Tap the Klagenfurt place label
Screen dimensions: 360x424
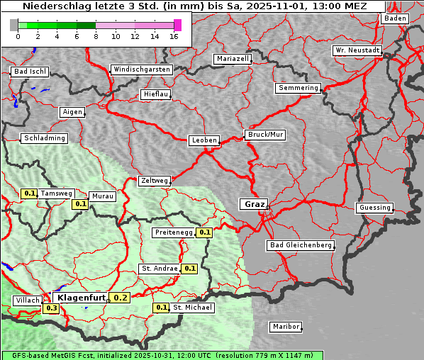click(81, 298)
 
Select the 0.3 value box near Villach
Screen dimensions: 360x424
click(52, 308)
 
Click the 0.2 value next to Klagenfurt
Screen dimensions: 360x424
click(121, 298)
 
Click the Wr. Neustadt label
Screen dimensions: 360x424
click(357, 51)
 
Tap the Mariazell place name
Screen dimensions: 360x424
click(233, 59)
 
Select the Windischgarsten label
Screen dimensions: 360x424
click(142, 69)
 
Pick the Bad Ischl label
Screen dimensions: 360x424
click(30, 72)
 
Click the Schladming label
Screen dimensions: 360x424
click(45, 138)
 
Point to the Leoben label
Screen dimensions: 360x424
click(204, 140)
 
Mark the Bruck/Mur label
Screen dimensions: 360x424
click(265, 134)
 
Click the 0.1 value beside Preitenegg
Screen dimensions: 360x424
click(205, 232)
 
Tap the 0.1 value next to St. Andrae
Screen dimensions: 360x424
click(189, 269)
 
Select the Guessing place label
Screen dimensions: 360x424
click(374, 208)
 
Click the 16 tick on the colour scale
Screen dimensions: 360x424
click(174, 35)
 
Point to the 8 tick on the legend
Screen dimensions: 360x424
click(96, 35)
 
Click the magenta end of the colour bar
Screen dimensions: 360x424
click(177, 25)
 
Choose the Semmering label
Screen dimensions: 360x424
click(299, 88)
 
